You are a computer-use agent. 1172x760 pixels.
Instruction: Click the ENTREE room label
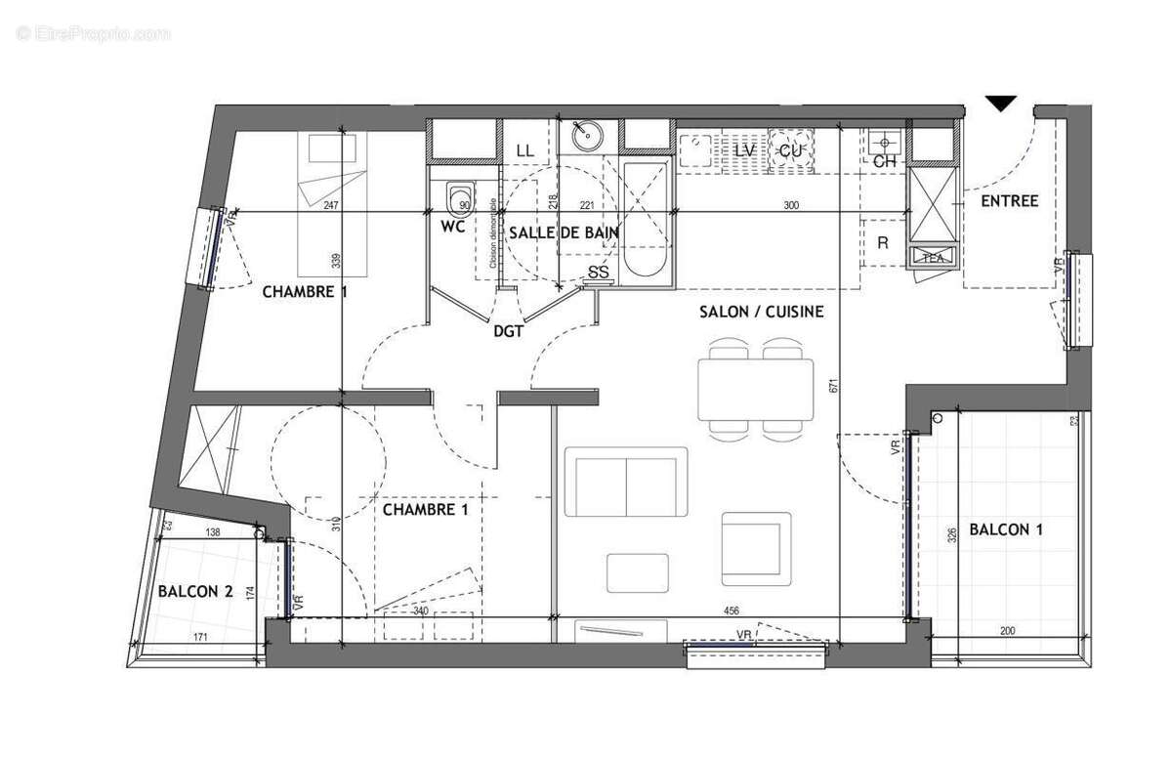[1009, 201]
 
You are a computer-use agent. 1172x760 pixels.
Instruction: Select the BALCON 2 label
[195, 590]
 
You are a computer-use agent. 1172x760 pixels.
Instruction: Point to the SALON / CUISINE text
[761, 313]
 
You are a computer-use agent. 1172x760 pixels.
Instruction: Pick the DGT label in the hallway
[508, 332]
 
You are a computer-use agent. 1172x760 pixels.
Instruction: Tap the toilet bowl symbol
[458, 200]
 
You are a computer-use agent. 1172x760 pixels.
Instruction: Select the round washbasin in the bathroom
[587, 136]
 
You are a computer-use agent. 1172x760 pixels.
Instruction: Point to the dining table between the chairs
[755, 389]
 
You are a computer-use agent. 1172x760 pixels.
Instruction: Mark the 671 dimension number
[833, 387]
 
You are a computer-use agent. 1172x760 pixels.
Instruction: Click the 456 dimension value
[730, 611]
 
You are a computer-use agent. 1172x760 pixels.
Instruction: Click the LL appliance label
[524, 151]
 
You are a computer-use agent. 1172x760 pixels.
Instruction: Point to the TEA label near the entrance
[932, 258]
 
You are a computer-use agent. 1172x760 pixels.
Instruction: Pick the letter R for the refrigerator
[883, 243]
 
